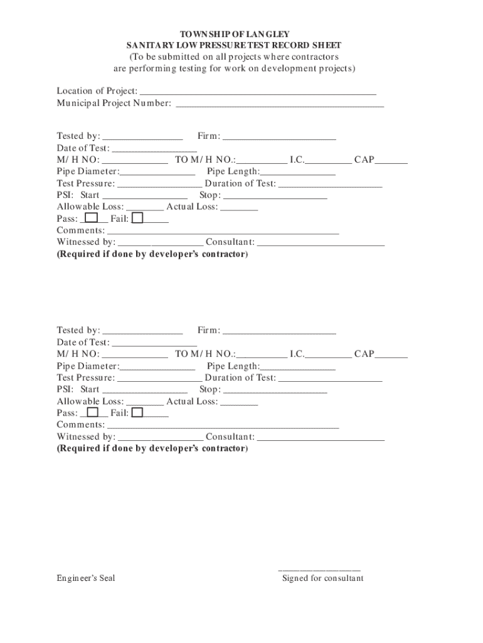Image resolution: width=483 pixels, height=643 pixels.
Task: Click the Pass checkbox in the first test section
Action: click(x=92, y=218)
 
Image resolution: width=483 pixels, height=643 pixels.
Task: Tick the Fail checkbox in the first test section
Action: click(x=137, y=218)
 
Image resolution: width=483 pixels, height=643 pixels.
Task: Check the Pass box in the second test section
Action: click(x=92, y=412)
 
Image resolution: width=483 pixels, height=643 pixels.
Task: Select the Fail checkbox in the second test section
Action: click(x=137, y=412)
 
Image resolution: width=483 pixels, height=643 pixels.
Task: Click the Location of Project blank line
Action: click(x=258, y=92)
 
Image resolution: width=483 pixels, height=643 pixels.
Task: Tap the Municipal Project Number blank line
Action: click(x=280, y=104)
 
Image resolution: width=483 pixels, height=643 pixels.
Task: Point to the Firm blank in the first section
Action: click(x=279, y=137)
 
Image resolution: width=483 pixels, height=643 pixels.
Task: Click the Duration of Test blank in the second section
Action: click(x=330, y=379)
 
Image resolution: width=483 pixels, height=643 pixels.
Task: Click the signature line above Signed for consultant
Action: click(x=319, y=569)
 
